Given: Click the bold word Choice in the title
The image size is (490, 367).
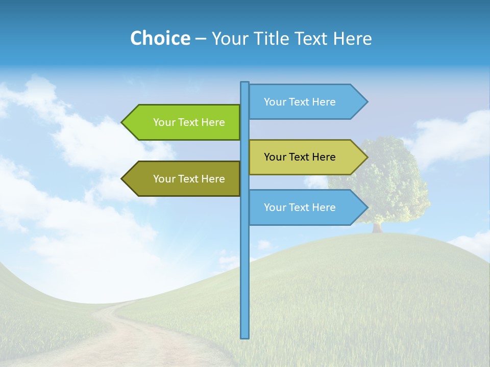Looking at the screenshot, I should (160, 38).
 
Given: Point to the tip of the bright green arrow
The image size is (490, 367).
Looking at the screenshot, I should (122, 122).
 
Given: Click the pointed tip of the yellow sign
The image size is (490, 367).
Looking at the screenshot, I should (366, 157).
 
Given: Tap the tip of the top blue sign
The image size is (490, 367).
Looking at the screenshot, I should (366, 102).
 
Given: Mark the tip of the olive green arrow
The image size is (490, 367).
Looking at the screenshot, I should (122, 179).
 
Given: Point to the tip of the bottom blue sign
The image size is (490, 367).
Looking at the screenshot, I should (366, 207).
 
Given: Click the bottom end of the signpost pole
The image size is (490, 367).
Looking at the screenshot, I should (245, 336).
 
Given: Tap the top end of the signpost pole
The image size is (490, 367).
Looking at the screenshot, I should (245, 84).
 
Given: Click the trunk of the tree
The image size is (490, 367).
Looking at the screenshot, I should (377, 227).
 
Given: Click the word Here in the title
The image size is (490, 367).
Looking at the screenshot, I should (353, 38).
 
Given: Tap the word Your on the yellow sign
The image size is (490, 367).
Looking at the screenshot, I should (275, 157).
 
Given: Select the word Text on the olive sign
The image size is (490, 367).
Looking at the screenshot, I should (189, 179).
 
